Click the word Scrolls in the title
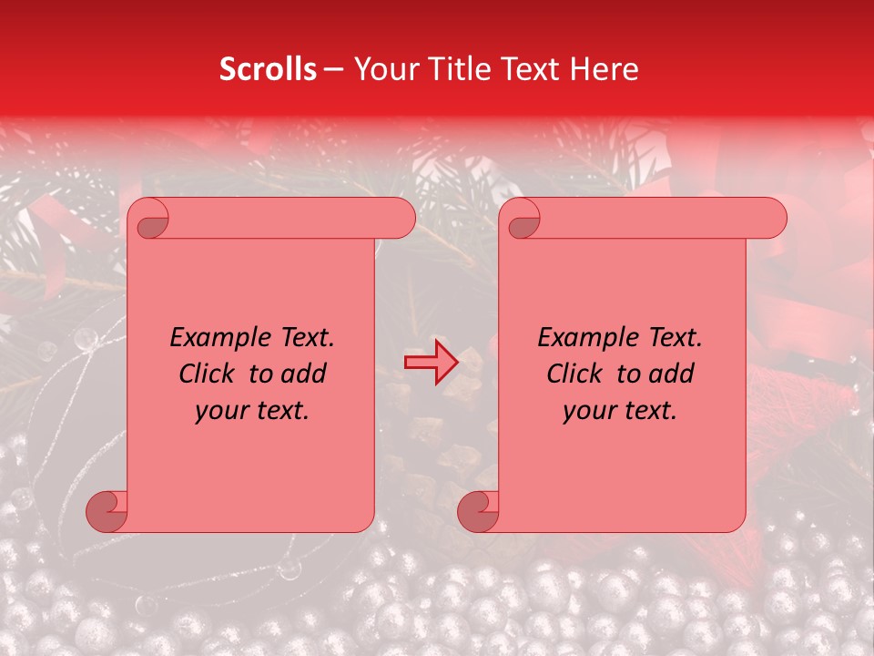268,69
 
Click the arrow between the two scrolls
432,363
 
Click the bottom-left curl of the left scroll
107,510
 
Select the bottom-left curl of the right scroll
478,510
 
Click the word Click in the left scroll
207,374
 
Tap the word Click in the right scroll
574,374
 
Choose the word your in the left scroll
220,411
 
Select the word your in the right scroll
588,411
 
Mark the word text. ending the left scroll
280,411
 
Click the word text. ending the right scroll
648,411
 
